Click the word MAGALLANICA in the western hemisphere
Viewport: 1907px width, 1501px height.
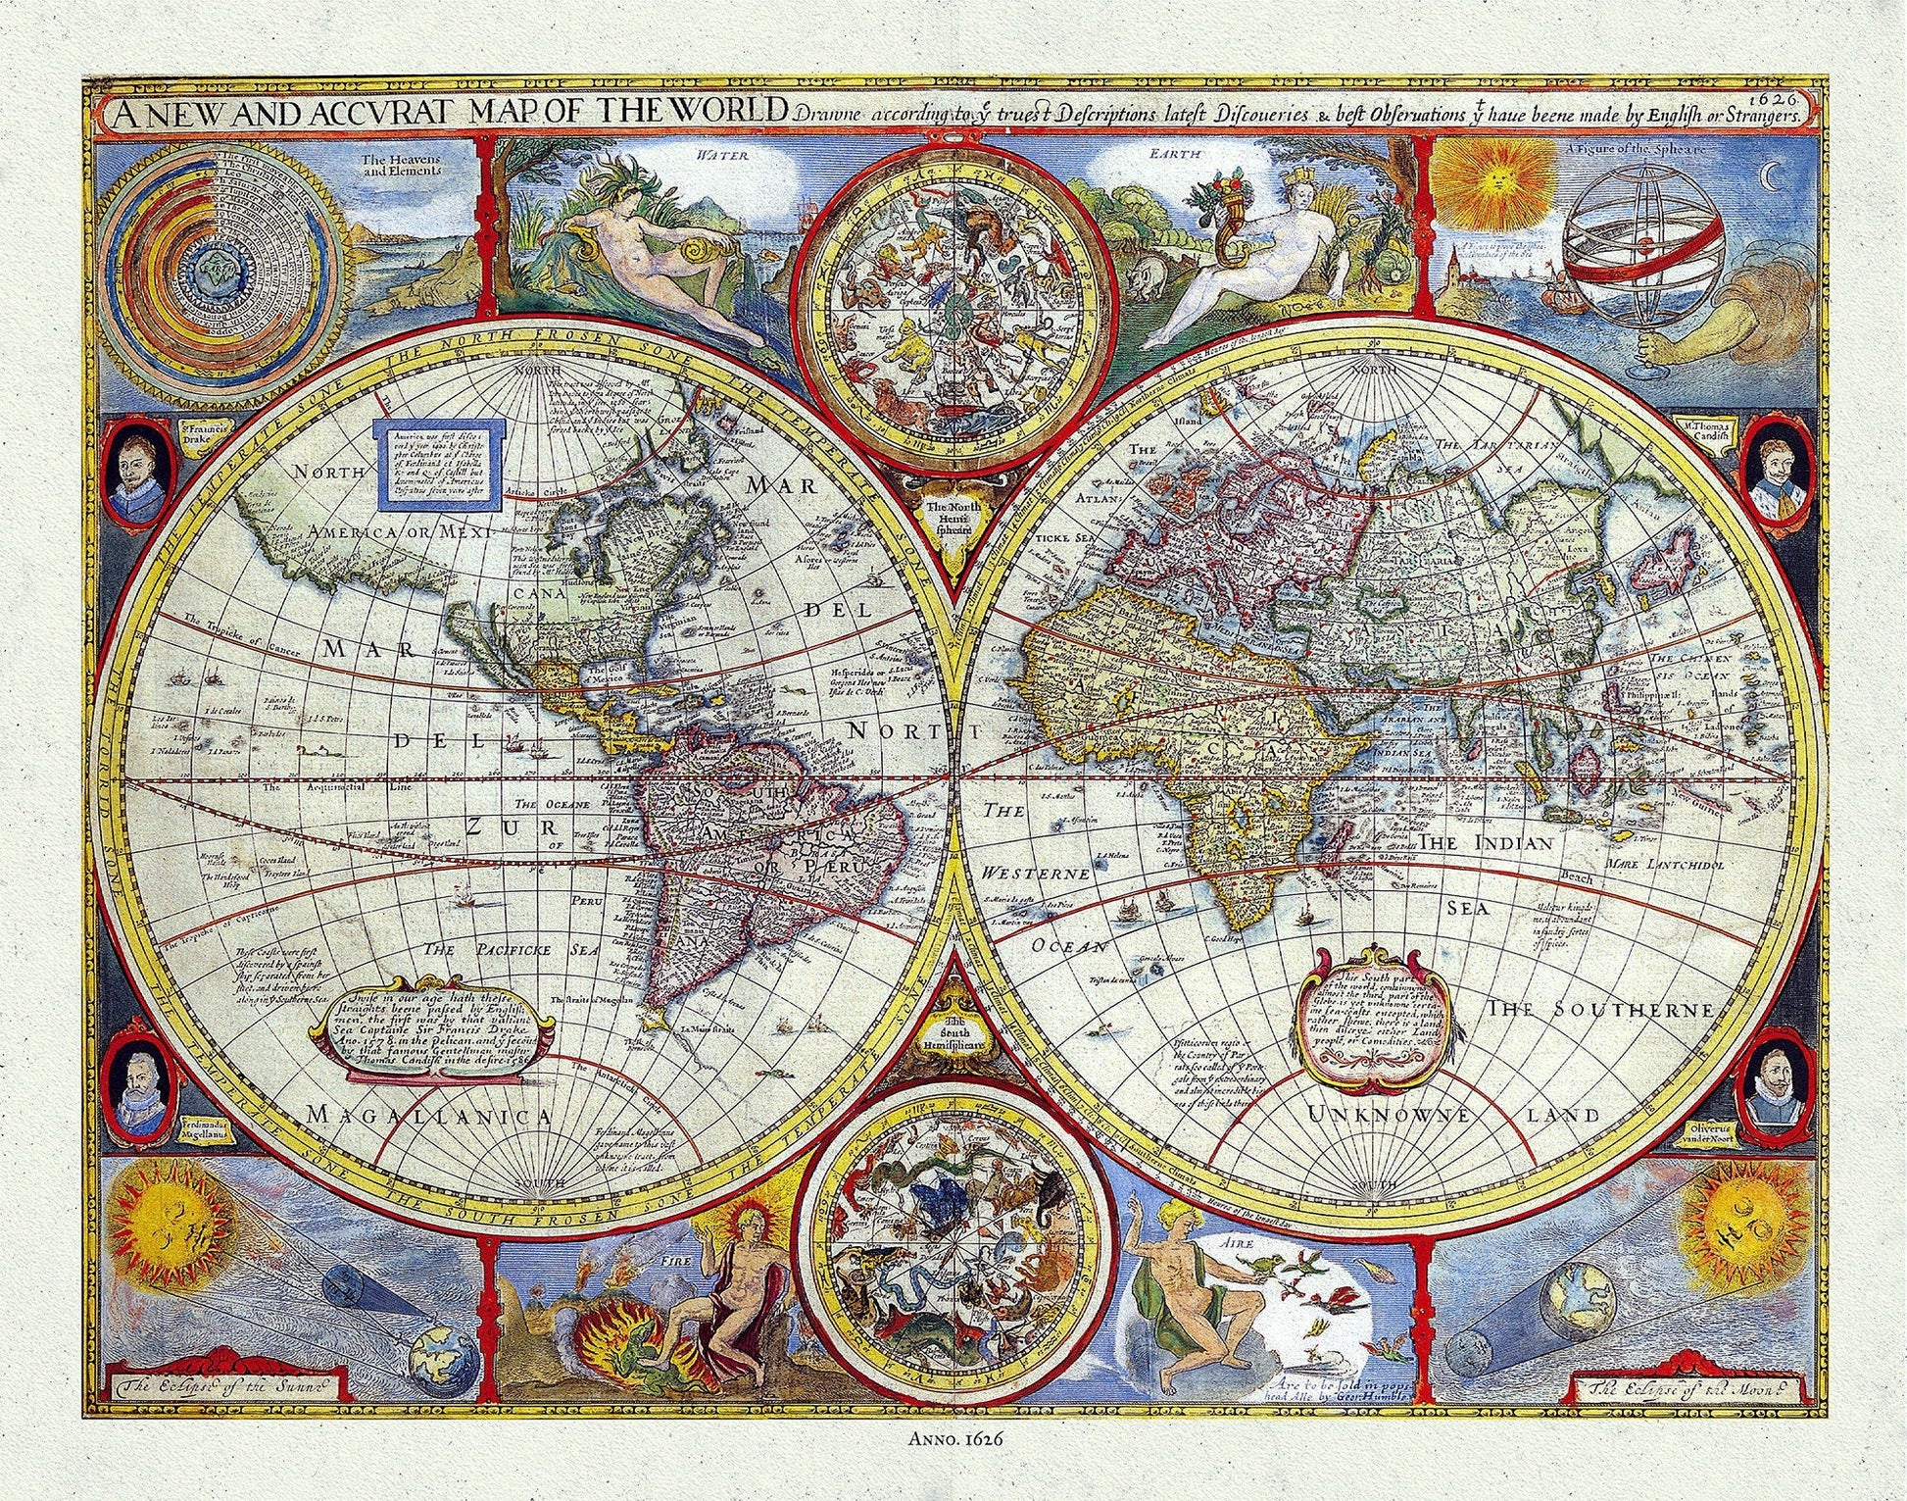point(429,1117)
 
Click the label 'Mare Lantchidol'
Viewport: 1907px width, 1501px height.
point(1665,866)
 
